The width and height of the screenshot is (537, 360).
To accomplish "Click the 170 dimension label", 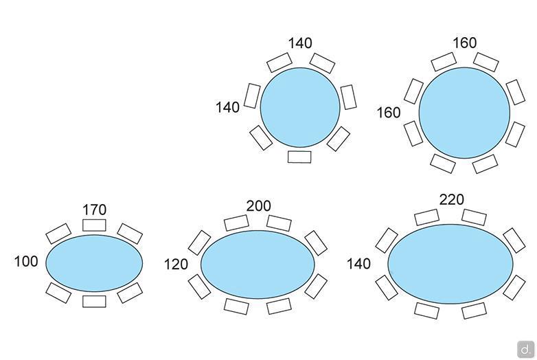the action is click(x=95, y=210).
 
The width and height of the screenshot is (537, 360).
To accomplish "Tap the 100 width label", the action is click(x=26, y=261).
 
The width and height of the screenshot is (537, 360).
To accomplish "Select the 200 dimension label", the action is click(x=259, y=206).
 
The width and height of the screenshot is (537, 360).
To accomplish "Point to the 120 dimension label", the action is click(x=176, y=265).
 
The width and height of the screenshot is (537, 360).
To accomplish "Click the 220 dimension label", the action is click(x=452, y=199).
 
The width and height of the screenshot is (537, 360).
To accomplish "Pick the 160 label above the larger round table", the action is click(x=465, y=43).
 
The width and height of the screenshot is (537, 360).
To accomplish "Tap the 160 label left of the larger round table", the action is click(x=389, y=113).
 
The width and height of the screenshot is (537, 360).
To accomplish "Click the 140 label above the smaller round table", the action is click(x=300, y=43).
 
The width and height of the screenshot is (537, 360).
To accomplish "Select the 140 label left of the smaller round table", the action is click(x=227, y=108).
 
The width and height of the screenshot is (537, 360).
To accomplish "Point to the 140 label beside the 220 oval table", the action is click(x=358, y=264).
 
